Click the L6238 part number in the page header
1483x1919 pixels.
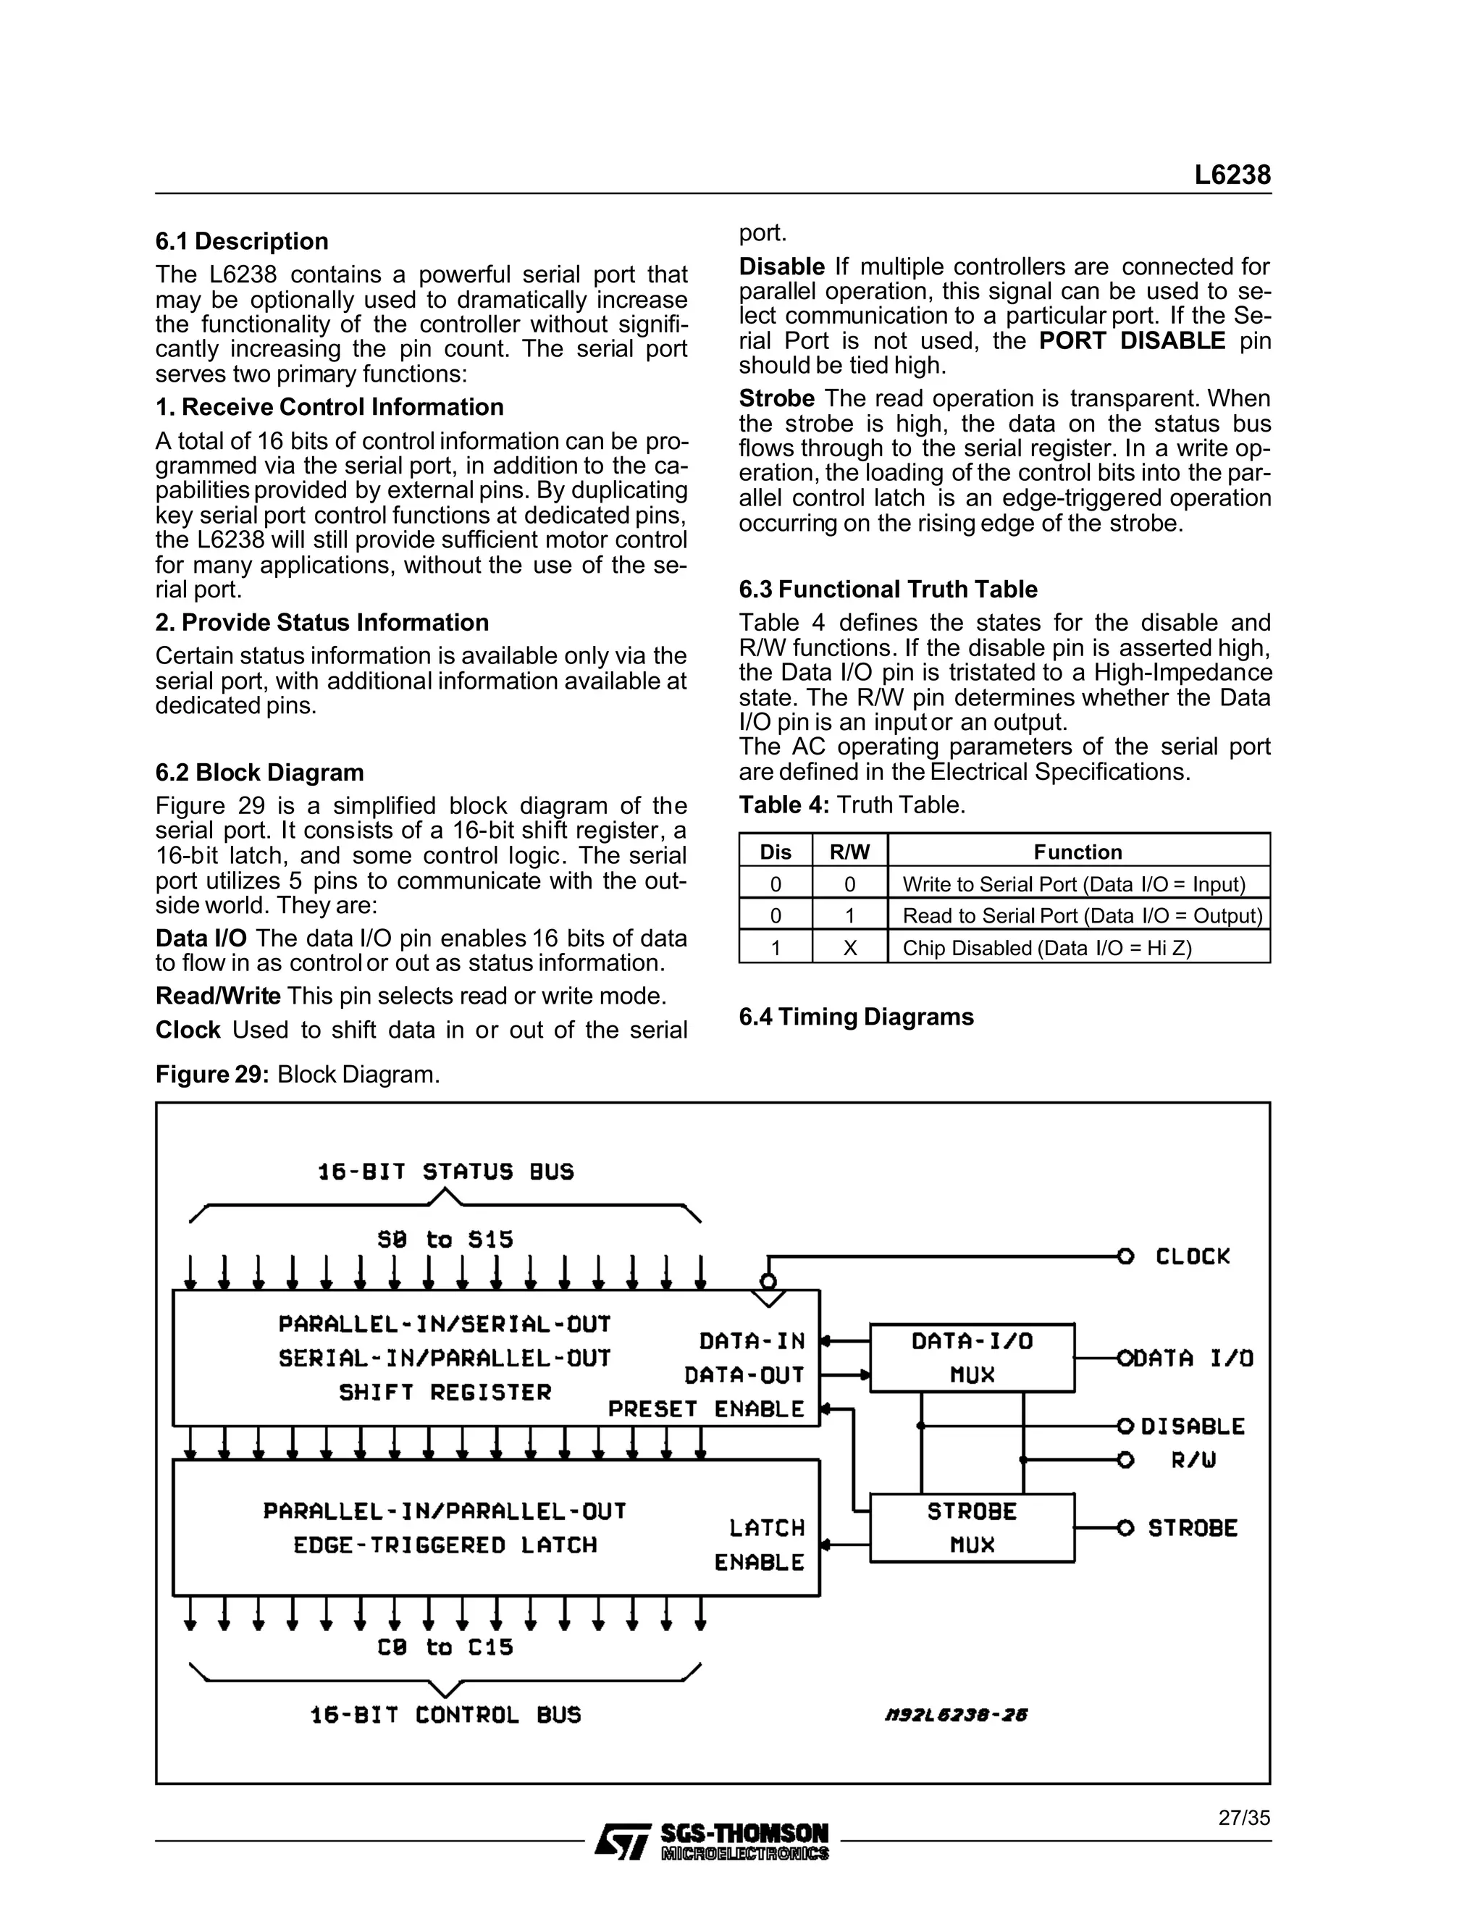(1232, 175)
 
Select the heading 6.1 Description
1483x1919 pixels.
(242, 242)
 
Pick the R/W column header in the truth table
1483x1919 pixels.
(849, 852)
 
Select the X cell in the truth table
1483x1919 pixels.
(849, 948)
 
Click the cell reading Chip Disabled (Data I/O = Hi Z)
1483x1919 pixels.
(1046, 948)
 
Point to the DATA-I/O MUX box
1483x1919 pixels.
(972, 1358)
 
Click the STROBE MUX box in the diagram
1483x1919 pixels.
(972, 1528)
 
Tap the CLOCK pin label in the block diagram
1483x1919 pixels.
(1192, 1256)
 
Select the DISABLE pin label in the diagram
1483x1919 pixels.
(1192, 1426)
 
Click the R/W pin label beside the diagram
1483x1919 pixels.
(1194, 1461)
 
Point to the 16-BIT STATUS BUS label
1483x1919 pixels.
(445, 1172)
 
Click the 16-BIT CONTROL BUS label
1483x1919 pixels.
(445, 1715)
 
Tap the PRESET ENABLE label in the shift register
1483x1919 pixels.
(705, 1409)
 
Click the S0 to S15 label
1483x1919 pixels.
(445, 1240)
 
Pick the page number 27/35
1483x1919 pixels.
(1243, 1818)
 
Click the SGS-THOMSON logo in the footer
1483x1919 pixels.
(712, 1841)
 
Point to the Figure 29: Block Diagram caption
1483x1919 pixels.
(298, 1075)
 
